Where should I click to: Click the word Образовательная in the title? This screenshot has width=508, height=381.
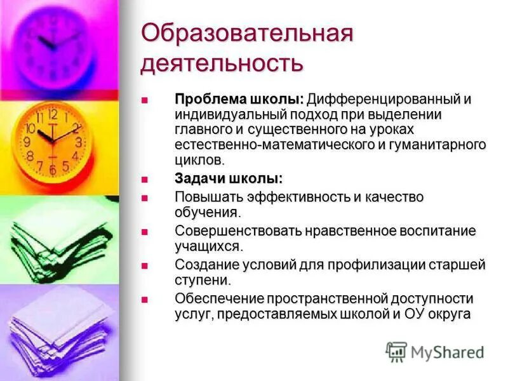coord(246,34)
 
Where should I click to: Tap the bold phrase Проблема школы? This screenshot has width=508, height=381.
coord(240,100)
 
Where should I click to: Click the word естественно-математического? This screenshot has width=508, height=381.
coord(276,145)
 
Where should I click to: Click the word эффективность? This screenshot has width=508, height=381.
coord(301,197)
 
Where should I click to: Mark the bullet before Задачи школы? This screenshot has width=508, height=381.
coord(144,180)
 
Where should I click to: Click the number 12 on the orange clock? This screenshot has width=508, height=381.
coord(53,115)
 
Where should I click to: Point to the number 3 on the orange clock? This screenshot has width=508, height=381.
coord(78,142)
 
